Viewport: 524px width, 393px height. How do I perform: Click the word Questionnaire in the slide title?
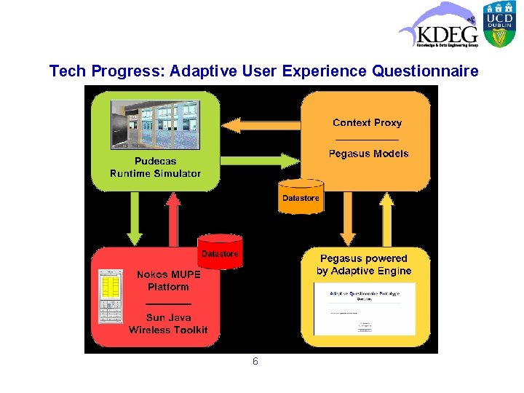click(x=425, y=71)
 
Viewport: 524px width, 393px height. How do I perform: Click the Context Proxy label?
click(x=367, y=123)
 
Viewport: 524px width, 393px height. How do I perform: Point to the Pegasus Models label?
click(x=368, y=154)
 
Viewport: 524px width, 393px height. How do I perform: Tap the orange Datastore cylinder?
click(x=301, y=196)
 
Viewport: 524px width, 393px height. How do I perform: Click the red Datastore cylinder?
click(x=220, y=252)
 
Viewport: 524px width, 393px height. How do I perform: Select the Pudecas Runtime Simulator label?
click(x=155, y=167)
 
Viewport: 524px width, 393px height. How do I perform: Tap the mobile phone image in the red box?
click(x=111, y=296)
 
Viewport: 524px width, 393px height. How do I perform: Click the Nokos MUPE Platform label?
click(x=168, y=281)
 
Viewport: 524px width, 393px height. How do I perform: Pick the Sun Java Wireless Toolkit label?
click(x=168, y=324)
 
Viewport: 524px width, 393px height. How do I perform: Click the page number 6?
click(x=255, y=362)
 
